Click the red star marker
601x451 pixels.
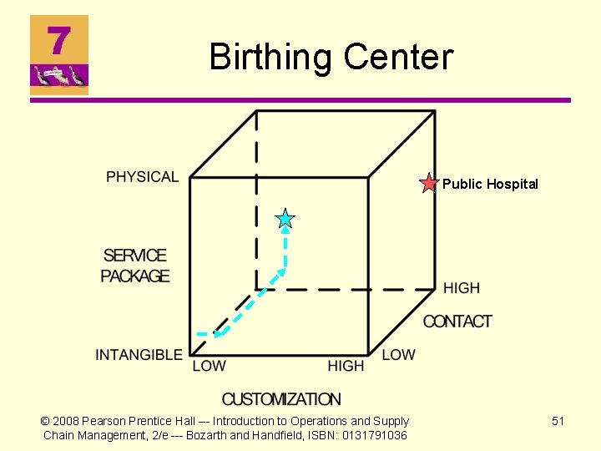coord(428,184)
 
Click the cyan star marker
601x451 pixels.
coord(285,220)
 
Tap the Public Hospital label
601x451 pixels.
coord(490,184)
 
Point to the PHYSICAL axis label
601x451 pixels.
coord(142,177)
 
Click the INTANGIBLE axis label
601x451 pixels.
coord(139,355)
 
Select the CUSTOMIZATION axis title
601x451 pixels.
coord(281,399)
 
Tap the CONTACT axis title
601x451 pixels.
coord(457,322)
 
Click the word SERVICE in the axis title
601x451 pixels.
coord(135,256)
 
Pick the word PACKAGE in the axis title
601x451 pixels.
coord(135,276)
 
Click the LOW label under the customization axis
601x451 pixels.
coord(209,366)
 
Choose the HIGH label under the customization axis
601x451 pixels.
coord(346,366)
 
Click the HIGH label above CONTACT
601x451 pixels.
coord(462,288)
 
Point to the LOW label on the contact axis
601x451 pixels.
coord(398,355)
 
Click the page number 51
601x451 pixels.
coord(558,421)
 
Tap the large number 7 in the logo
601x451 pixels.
coord(58,39)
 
